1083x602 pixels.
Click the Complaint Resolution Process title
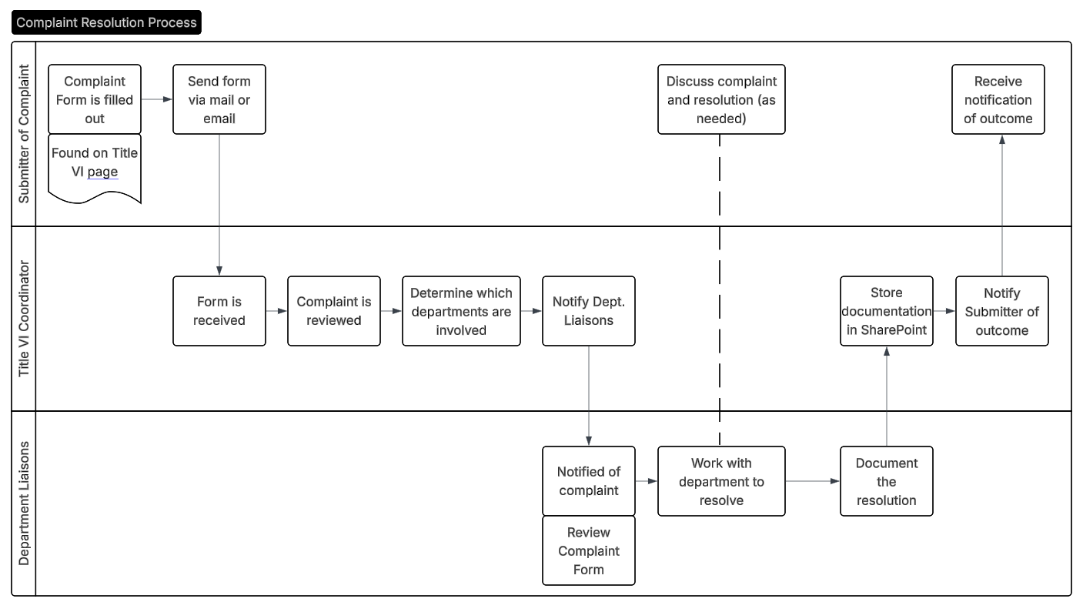tap(106, 22)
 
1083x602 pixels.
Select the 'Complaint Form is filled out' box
tap(95, 99)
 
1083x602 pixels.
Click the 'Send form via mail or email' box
tap(219, 99)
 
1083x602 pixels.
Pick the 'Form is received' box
tap(219, 311)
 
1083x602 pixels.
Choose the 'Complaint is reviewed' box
tap(334, 311)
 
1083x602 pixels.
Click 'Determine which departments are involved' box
tap(461, 311)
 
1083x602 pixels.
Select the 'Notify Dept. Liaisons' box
tap(589, 311)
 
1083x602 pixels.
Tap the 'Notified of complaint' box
tap(589, 481)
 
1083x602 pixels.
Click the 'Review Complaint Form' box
tap(589, 550)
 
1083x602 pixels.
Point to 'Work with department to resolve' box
tap(721, 481)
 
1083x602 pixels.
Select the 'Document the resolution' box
tap(886, 481)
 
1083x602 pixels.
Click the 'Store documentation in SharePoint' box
tap(886, 311)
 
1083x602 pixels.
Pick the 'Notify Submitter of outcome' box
tap(1001, 311)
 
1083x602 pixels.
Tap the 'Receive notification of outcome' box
tap(998, 99)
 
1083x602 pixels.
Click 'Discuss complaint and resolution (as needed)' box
tap(721, 99)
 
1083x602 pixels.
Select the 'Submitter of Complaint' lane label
tap(24, 134)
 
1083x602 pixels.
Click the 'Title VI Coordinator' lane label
tap(24, 319)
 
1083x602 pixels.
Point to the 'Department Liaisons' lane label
tap(24, 503)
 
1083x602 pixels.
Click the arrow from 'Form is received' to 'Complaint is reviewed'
tap(276, 311)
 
